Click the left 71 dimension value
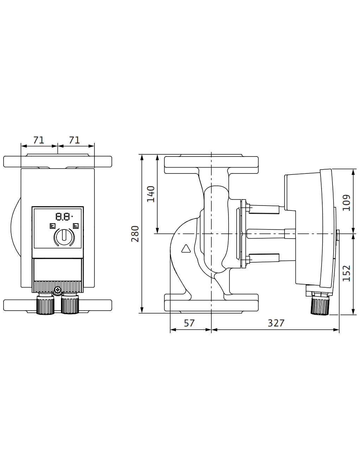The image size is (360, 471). tap(39, 140)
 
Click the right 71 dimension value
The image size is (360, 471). tap(74, 140)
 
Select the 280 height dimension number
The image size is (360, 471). tap(135, 234)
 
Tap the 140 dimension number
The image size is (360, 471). tap(151, 194)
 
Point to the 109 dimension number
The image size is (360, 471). tap(346, 203)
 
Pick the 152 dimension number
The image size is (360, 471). tap(346, 273)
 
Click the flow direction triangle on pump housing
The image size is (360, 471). tap(186, 249)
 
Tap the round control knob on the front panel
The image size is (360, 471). tap(64, 237)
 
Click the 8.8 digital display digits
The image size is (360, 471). tap(63, 217)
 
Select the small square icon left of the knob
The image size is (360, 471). tap(53, 226)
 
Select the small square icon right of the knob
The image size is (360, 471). tap(76, 226)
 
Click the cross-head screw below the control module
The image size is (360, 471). tap(57, 290)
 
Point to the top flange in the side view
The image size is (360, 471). tap(211, 164)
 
